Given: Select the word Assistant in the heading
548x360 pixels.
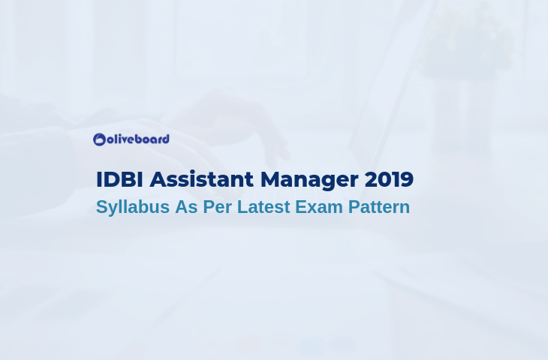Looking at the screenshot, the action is coord(202,179).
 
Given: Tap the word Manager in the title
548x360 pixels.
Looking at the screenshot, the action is coord(309,181).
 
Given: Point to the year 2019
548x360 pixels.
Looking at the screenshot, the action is coord(389,179).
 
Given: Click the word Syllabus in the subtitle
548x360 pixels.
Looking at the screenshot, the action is coord(133,208).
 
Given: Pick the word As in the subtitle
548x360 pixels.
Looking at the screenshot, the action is coord(186,207).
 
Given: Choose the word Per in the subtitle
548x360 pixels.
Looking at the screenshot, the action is coord(218,207).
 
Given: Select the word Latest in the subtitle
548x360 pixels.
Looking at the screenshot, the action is coord(263,207).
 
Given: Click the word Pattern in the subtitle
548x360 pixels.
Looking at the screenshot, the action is coord(379,207).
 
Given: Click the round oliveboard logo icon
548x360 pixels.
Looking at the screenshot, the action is coord(99,139).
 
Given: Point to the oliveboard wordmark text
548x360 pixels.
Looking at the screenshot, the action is coord(138,139).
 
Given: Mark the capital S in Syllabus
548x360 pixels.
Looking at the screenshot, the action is coord(102,207).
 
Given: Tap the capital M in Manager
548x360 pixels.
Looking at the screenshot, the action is coord(271,179).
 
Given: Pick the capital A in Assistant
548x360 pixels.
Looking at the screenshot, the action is coord(158,179).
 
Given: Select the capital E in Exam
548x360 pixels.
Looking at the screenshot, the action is coord(301,207).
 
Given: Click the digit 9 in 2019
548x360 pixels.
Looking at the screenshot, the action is coord(407,179).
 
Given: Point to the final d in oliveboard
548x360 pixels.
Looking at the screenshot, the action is coord(166,139).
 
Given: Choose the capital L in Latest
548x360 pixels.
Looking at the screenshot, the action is coord(242,207).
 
